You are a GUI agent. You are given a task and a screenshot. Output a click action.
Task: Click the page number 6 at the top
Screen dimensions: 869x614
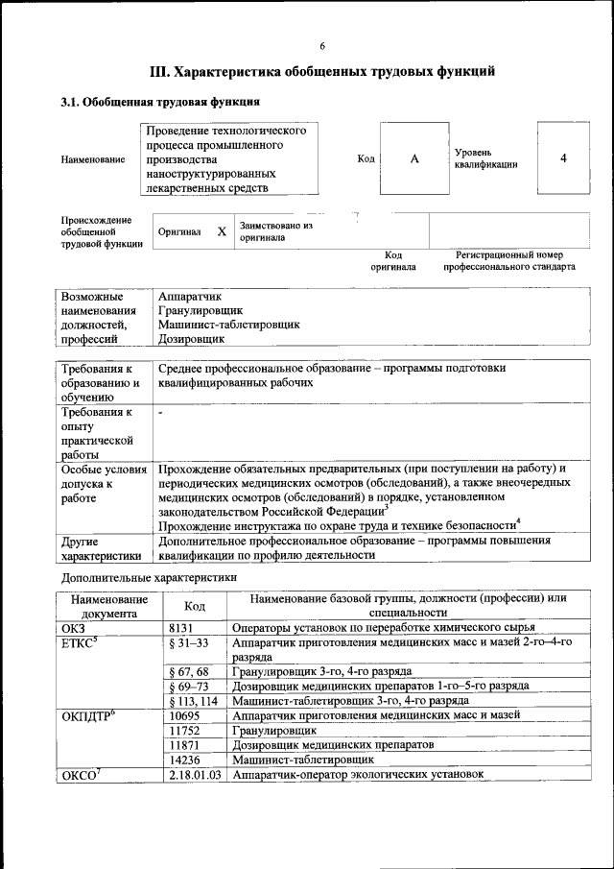322,46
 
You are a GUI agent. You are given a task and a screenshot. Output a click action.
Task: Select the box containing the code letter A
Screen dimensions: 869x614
414,158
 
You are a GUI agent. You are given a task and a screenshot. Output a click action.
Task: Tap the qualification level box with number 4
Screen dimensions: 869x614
563,157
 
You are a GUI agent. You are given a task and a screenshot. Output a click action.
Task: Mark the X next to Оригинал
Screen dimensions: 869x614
222,232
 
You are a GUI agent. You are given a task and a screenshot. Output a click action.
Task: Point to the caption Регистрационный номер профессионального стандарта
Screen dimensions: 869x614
508,261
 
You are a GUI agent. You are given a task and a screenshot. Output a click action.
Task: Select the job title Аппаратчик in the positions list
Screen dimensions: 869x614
189,297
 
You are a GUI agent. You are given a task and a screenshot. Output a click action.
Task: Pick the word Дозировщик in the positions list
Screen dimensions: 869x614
191,338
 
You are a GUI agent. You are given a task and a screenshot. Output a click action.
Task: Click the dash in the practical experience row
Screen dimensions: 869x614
161,412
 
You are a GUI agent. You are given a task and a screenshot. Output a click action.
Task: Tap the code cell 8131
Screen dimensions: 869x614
180,627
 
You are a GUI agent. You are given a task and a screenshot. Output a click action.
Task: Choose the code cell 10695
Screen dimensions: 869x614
183,715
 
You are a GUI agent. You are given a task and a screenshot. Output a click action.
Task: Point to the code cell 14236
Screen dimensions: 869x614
183,759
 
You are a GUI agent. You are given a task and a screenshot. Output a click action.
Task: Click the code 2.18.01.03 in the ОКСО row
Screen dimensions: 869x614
195,774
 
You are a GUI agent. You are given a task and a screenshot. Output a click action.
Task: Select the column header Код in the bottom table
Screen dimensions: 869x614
195,606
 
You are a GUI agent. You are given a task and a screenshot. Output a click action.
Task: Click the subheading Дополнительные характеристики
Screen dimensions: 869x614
149,577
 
